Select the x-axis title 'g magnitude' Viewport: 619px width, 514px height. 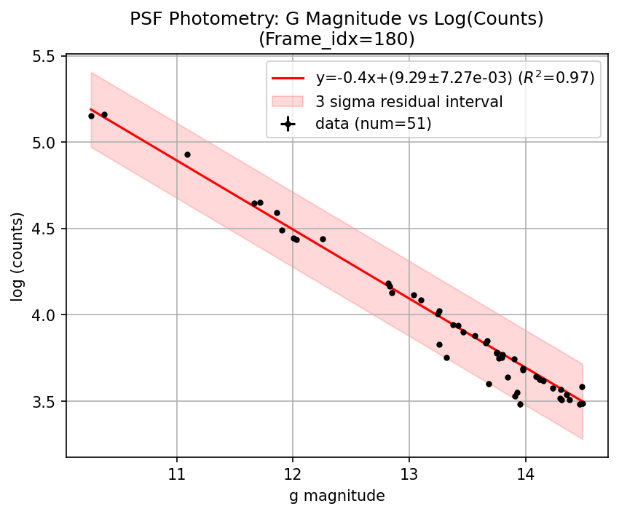coord(336,496)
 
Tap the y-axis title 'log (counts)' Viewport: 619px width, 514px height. coord(17,256)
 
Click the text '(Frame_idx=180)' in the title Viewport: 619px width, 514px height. coord(336,39)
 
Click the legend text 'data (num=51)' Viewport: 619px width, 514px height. coord(374,124)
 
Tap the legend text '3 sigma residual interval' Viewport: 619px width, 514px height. coord(409,101)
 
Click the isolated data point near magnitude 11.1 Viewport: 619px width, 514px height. coord(187,154)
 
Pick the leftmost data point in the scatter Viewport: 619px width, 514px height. coord(91,116)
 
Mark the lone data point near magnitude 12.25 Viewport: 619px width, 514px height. coord(323,239)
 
